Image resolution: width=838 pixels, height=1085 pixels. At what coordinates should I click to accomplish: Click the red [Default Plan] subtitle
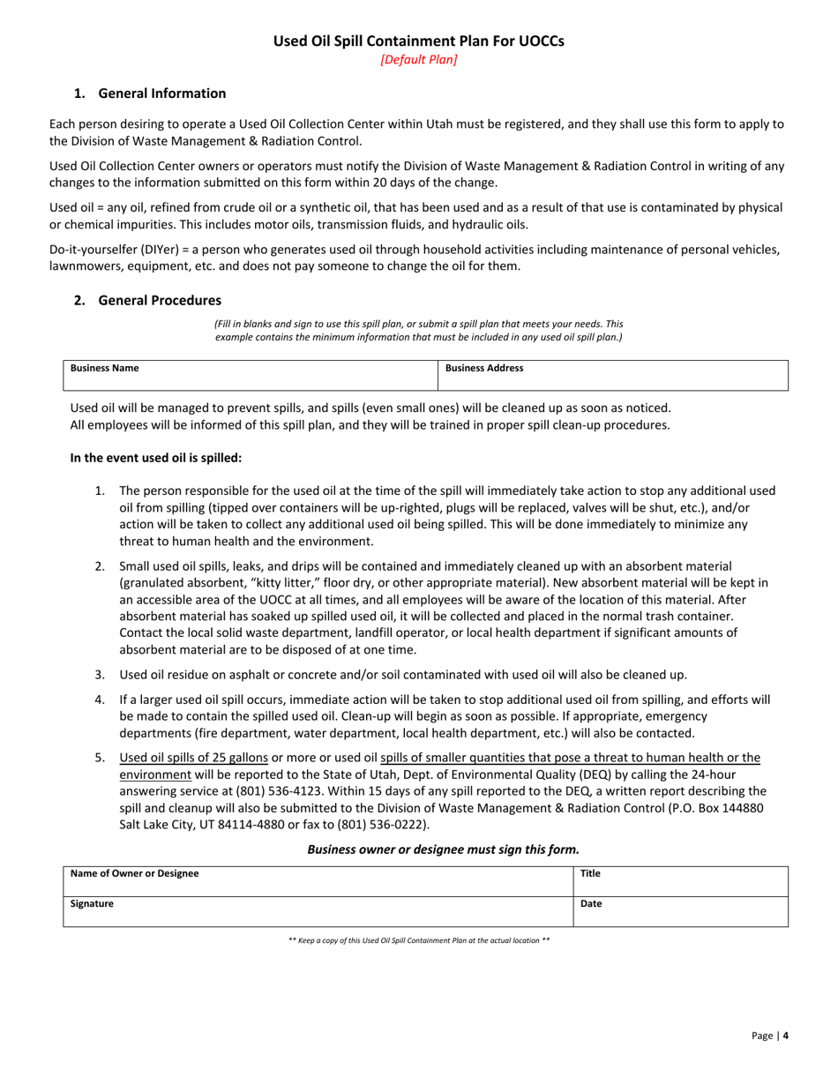coord(418,60)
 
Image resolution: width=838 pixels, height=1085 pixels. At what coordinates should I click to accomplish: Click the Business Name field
coord(251,376)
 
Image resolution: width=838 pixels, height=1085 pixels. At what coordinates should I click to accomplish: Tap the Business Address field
coord(611,376)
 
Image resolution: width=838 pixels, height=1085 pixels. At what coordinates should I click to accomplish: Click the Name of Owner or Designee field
coord(318,881)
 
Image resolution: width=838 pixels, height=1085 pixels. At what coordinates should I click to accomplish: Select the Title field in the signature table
coord(680,881)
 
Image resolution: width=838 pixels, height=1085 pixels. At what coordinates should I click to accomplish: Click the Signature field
coord(318,911)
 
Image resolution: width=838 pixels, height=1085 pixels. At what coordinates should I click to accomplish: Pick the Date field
coord(680,911)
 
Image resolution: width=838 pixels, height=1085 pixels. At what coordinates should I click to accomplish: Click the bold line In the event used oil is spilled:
coord(155,458)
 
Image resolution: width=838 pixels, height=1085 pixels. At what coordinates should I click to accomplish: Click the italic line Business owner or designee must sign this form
coord(443,849)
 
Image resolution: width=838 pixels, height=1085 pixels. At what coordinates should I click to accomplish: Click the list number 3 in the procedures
coord(100,675)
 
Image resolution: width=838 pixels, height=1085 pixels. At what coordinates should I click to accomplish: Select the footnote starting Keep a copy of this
coord(419,940)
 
